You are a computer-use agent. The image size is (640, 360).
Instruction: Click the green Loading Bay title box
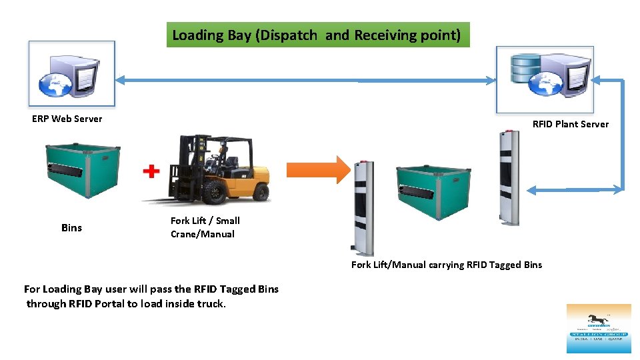click(317, 35)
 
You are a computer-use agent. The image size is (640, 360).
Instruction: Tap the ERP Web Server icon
click(72, 73)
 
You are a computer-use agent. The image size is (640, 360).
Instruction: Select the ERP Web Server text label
click(67, 119)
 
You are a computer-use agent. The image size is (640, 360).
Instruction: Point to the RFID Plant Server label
click(570, 124)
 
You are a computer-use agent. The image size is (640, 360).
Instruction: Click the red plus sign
click(152, 172)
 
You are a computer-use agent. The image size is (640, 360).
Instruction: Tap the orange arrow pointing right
click(333, 170)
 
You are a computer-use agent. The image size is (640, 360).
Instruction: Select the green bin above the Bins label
click(82, 171)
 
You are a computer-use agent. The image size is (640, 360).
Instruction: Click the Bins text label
click(71, 228)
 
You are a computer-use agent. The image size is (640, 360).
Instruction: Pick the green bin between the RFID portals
click(434, 191)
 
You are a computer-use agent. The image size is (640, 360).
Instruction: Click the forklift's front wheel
click(215, 193)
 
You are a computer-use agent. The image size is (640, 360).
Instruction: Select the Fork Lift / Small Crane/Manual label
click(205, 227)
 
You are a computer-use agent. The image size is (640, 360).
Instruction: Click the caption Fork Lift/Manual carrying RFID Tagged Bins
click(447, 265)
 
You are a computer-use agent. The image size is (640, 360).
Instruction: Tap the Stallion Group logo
click(598, 328)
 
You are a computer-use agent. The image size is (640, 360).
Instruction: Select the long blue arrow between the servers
click(306, 81)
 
